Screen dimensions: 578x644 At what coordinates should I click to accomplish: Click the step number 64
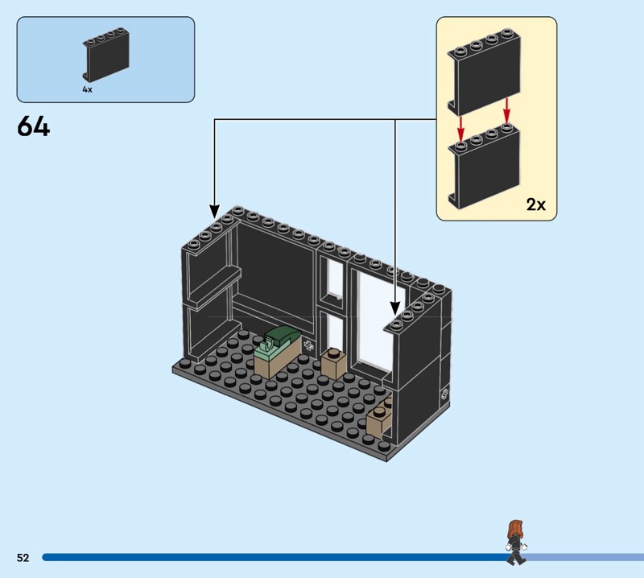click(x=33, y=127)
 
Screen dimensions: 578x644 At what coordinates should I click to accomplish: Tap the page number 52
click(x=22, y=557)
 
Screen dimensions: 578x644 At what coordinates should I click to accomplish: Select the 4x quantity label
click(x=87, y=90)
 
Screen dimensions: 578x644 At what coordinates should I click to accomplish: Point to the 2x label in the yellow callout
click(x=535, y=204)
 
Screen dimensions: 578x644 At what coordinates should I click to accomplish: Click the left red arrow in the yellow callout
click(x=460, y=126)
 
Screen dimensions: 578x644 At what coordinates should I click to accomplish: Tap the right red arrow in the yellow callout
click(x=507, y=110)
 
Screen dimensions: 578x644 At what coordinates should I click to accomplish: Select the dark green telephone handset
click(x=279, y=337)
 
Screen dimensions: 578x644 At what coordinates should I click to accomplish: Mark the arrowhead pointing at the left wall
click(x=215, y=208)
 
